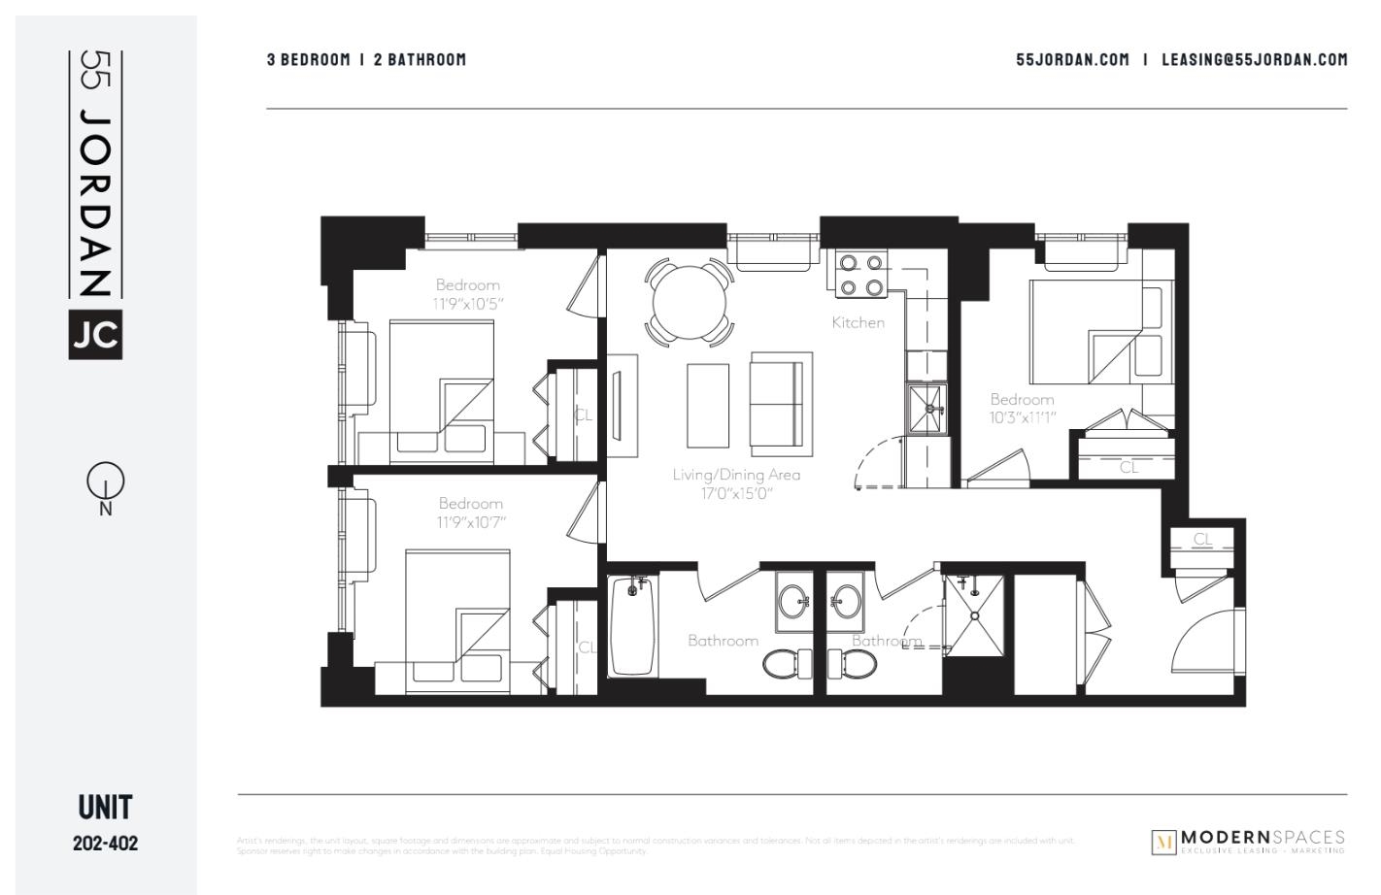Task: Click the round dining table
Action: point(690,302)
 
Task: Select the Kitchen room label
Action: point(858,322)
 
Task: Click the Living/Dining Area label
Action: point(736,475)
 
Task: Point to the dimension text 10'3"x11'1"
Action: point(1022,417)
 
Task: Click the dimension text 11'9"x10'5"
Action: point(468,304)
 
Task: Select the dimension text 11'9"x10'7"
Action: point(471,522)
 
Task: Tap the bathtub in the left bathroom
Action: point(633,626)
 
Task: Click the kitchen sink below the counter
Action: point(926,409)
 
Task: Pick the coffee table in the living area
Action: point(708,405)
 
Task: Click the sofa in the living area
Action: point(780,404)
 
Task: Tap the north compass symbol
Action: point(105,481)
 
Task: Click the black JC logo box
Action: point(95,334)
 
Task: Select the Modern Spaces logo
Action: point(1249,841)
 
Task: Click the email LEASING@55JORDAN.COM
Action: point(1255,59)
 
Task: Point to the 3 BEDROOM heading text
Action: point(309,59)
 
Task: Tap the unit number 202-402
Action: point(105,843)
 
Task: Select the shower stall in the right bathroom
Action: point(973,613)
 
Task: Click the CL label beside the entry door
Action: point(1202,540)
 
